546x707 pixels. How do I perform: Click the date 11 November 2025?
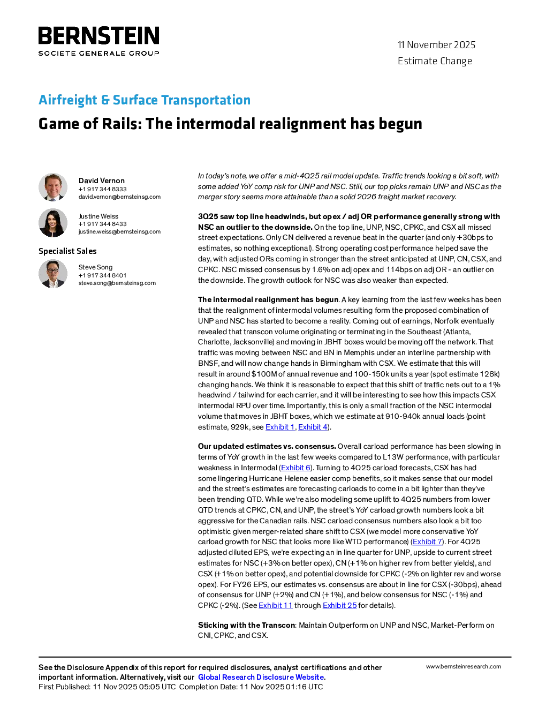pyautogui.click(x=436, y=45)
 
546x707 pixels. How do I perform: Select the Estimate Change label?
pyautogui.click(x=435, y=61)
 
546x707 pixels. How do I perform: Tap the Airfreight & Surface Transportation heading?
pyautogui.click(x=145, y=100)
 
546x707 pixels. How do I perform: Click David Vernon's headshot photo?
pyautogui.click(x=53, y=187)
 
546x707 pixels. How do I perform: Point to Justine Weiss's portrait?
pyautogui.click(x=53, y=222)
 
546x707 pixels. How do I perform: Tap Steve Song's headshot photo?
pyautogui.click(x=53, y=274)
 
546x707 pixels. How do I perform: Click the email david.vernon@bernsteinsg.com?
pyautogui.click(x=119, y=197)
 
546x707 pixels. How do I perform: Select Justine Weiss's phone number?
pyautogui.click(x=102, y=224)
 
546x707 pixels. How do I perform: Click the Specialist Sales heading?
pyautogui.click(x=67, y=251)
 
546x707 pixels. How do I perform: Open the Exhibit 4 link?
pyautogui.click(x=313, y=427)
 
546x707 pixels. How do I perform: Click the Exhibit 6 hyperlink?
pyautogui.click(x=295, y=468)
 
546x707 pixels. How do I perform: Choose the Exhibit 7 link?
pyautogui.click(x=427, y=541)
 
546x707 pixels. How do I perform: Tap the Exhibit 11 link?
pyautogui.click(x=276, y=605)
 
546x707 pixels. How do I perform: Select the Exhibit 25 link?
pyautogui.click(x=339, y=605)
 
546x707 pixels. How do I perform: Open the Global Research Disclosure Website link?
pyautogui.click(x=261, y=677)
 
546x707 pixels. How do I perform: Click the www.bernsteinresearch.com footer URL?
pyautogui.click(x=464, y=666)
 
